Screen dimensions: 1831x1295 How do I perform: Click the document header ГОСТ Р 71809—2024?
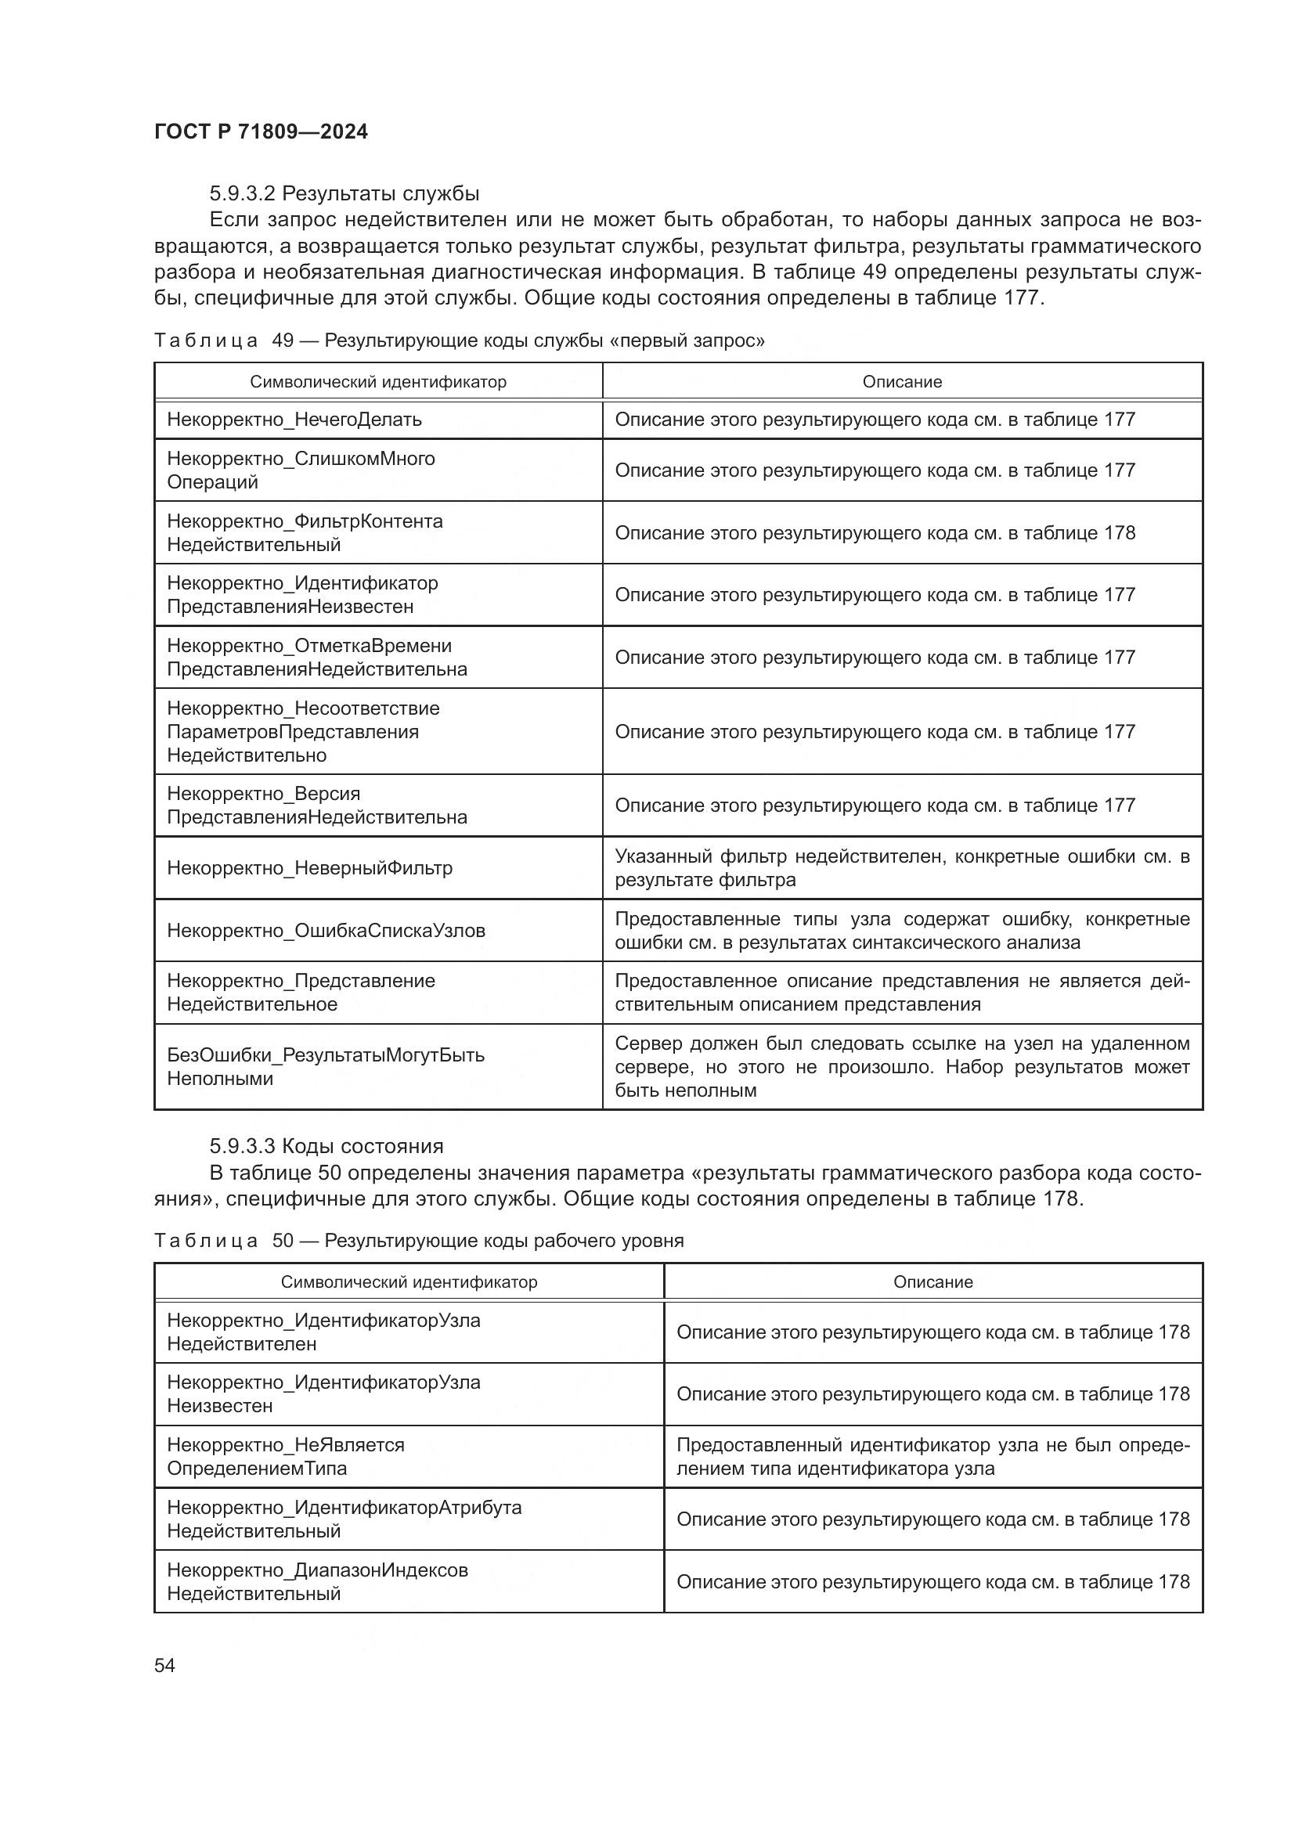pyautogui.click(x=261, y=132)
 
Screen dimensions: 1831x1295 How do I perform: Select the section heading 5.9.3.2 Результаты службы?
pyautogui.click(x=344, y=194)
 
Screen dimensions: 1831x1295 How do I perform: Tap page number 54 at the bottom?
pyautogui.click(x=164, y=1665)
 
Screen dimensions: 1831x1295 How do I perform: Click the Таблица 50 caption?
pyautogui.click(x=419, y=1241)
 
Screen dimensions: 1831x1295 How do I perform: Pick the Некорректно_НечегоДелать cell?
pyautogui.click(x=294, y=420)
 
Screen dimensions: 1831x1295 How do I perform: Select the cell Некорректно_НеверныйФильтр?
pyautogui.click(x=309, y=867)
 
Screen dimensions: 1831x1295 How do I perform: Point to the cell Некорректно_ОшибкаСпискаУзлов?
pyautogui.click(x=326, y=931)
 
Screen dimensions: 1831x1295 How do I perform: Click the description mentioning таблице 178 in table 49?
pyautogui.click(x=874, y=533)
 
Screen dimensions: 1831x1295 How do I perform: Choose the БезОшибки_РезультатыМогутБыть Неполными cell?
pyautogui.click(x=326, y=1067)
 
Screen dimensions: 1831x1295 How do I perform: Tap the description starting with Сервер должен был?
pyautogui.click(x=901, y=1067)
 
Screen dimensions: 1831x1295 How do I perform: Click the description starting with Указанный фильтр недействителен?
pyautogui.click(x=901, y=867)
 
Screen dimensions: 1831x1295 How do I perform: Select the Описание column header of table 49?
pyautogui.click(x=901, y=382)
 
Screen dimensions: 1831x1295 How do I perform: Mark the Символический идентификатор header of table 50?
pyautogui.click(x=408, y=1282)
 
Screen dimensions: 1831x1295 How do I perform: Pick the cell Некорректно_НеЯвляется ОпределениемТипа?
pyautogui.click(x=286, y=1456)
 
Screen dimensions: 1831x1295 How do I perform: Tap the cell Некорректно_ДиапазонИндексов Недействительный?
pyautogui.click(x=316, y=1581)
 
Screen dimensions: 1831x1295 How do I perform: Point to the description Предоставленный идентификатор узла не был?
pyautogui.click(x=932, y=1456)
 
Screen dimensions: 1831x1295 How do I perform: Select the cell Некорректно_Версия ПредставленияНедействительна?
pyautogui.click(x=316, y=806)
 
